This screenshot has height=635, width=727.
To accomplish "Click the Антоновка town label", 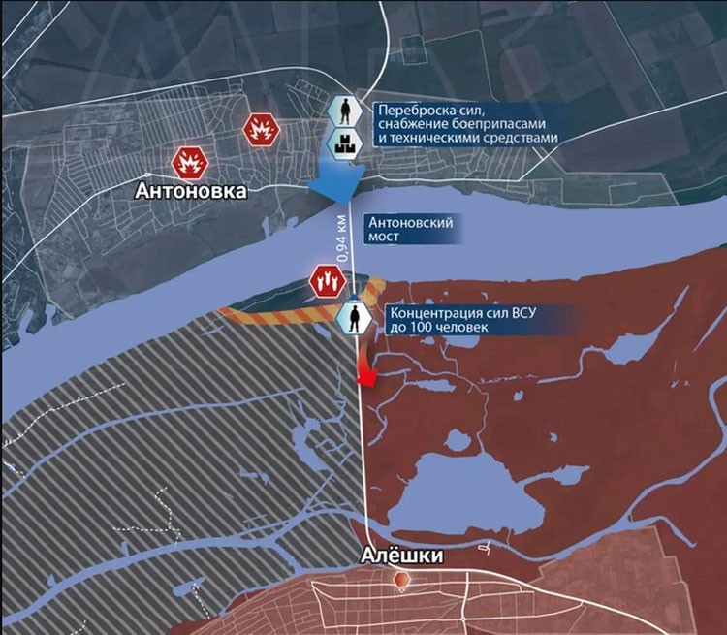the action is pyautogui.click(x=191, y=192).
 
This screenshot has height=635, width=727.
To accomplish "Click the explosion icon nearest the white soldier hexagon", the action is pyautogui.click(x=259, y=128).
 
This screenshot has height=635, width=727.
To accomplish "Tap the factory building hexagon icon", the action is pyautogui.click(x=344, y=143).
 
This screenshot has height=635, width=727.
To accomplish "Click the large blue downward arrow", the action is pyautogui.click(x=339, y=180).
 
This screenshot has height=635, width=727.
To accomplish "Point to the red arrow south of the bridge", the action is pyautogui.click(x=364, y=368).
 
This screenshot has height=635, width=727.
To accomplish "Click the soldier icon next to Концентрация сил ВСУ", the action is pyautogui.click(x=356, y=315).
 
